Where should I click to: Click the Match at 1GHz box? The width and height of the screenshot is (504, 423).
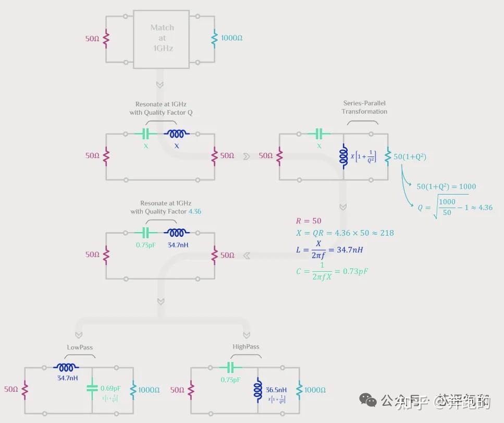pyautogui.click(x=162, y=38)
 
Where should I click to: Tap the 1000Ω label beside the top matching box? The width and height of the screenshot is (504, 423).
pyautogui.click(x=231, y=38)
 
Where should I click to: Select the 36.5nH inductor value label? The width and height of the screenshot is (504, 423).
pyautogui.click(x=276, y=390)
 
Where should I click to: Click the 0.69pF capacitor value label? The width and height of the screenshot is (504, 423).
pyautogui.click(x=110, y=388)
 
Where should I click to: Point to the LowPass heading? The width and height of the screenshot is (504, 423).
pyautogui.click(x=80, y=347)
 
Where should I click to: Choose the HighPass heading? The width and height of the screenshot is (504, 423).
pyautogui.click(x=245, y=347)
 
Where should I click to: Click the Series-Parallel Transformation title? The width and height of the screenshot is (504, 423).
pyautogui.click(x=364, y=107)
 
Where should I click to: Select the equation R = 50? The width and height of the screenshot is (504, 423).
pyautogui.click(x=309, y=221)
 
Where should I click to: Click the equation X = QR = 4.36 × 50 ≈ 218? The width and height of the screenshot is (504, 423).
pyautogui.click(x=345, y=233)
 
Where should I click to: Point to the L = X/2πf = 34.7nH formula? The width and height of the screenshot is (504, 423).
pyautogui.click(x=329, y=250)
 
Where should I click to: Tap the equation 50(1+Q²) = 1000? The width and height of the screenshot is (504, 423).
pyautogui.click(x=446, y=186)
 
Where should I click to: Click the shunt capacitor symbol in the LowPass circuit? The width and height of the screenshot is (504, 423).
pyautogui.click(x=92, y=389)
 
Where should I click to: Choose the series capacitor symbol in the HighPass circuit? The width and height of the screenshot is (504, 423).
pyautogui.click(x=231, y=368)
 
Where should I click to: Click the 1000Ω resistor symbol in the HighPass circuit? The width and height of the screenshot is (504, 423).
pyautogui.click(x=299, y=390)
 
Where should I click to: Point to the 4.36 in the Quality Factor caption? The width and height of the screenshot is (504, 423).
pyautogui.click(x=194, y=211)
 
